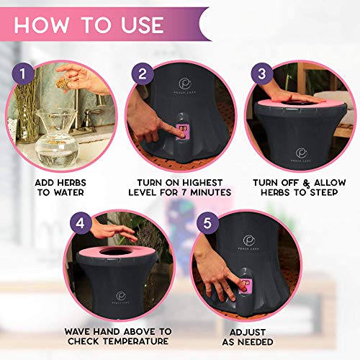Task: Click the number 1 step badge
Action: tap(22, 73)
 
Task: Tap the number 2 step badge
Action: tap(143, 73)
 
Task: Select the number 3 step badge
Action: tap(262, 73)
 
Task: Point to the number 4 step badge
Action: tap(81, 223)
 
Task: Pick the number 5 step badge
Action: tap(207, 223)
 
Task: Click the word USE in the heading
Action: tap(143, 25)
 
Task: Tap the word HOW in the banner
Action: tap(41, 25)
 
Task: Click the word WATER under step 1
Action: tap(68, 192)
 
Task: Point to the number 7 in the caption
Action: tap(184, 192)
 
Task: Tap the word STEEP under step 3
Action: tap(324, 192)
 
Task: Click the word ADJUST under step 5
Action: tap(248, 332)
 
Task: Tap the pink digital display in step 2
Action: tap(181, 131)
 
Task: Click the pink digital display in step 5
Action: tap(246, 285)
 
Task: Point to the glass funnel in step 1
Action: tap(57, 120)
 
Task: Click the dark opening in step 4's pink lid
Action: tap(116, 252)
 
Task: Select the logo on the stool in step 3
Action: tap(301, 155)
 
